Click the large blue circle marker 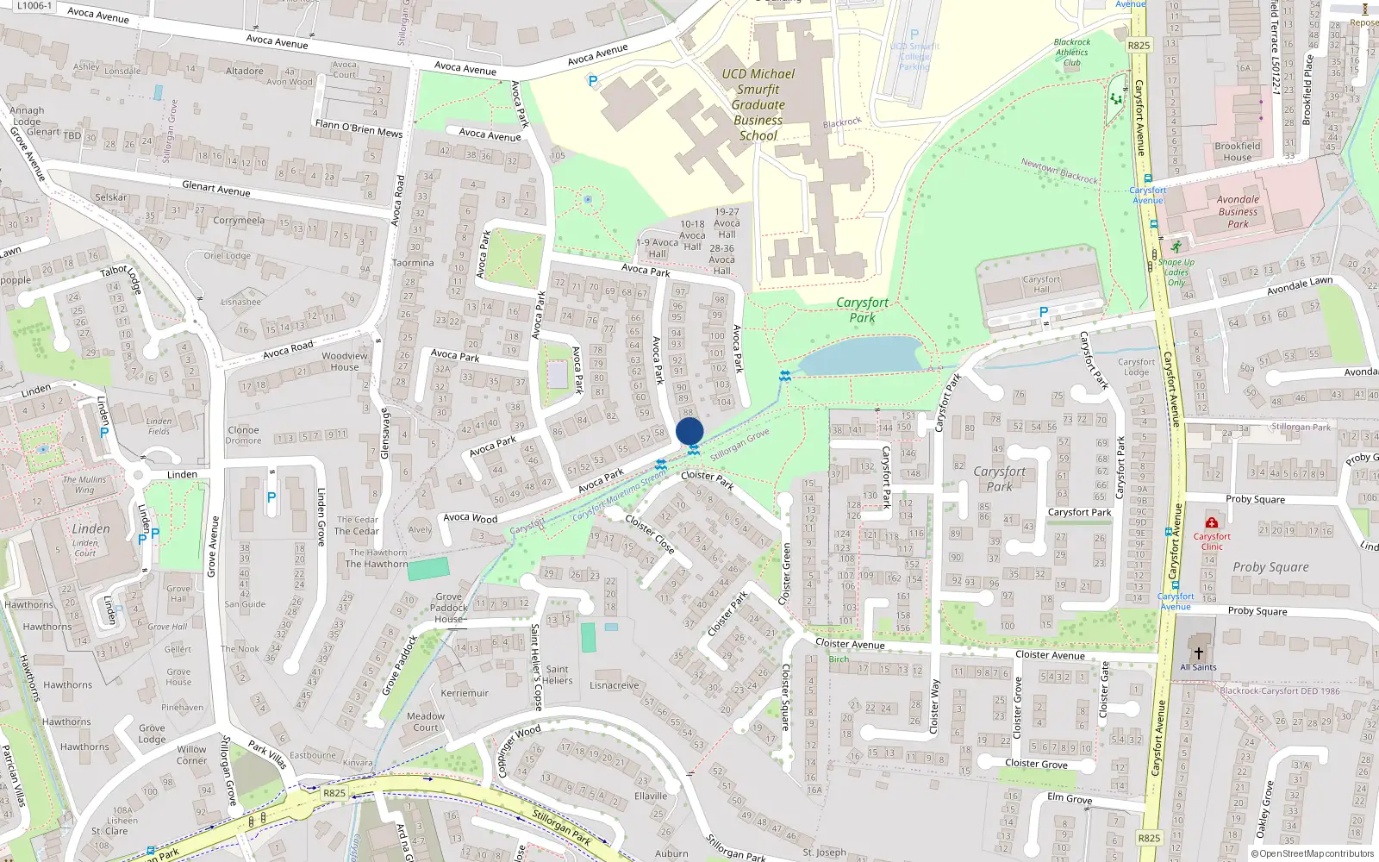tap(689, 432)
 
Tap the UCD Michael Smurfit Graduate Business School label tap(758, 104)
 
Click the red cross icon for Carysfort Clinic tap(1211, 522)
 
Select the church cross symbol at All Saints tap(1198, 653)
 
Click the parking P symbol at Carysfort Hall tap(1044, 312)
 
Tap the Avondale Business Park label tap(1238, 211)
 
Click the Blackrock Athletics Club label tap(1072, 52)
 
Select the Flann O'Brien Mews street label tap(359, 128)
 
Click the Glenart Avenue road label tap(216, 188)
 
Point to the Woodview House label tap(344, 361)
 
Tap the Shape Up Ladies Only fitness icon tap(1176, 247)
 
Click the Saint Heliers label tap(557, 674)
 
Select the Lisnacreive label tap(615, 685)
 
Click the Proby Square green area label tap(1270, 566)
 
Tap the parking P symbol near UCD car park tap(592, 81)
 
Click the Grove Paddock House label tap(448, 608)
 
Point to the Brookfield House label tap(1237, 152)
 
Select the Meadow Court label tap(426, 721)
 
